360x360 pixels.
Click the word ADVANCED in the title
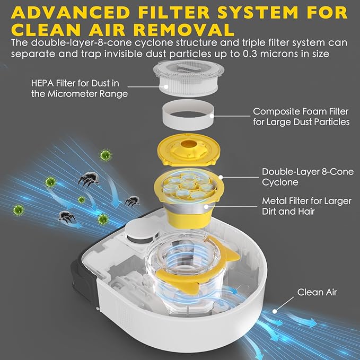71,12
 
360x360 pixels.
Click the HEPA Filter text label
80,89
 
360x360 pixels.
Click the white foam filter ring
188,115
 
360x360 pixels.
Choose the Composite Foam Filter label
301,117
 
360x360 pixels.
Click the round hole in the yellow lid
189,144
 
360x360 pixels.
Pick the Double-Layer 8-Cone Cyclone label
308,177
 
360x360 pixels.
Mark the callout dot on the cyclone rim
221,177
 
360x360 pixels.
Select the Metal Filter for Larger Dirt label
306,206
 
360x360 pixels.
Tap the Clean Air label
317,292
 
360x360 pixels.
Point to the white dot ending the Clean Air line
275,311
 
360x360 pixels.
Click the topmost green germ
106,155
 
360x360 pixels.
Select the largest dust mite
89,179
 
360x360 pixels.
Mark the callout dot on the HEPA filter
166,87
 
